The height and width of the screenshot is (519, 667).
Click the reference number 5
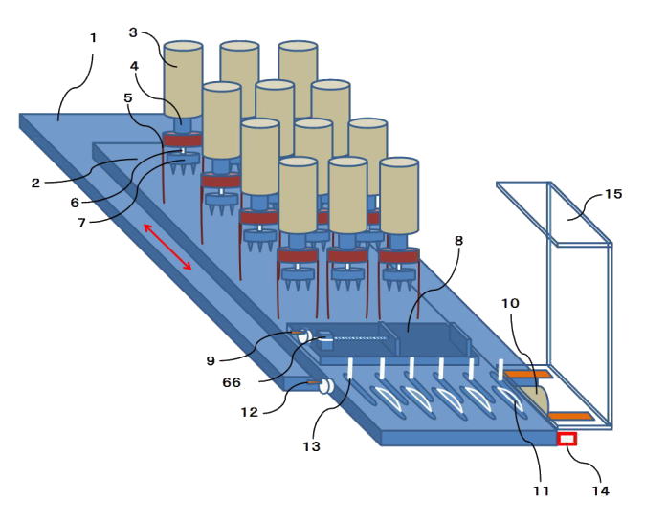click(128, 97)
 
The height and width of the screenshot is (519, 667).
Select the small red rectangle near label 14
click(567, 439)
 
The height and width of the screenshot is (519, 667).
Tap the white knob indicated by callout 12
click(324, 387)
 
